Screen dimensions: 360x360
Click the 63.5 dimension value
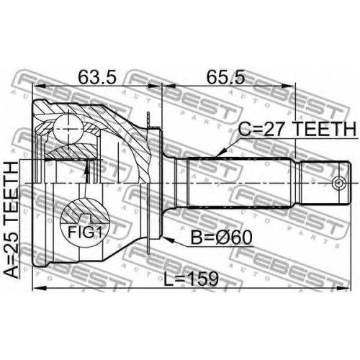tap(97, 78)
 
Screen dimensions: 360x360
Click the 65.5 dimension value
tap(225, 78)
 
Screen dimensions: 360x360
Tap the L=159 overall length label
tap(191, 279)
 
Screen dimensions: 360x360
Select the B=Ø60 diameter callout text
tap(221, 237)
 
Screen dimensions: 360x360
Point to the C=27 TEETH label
tap(297, 129)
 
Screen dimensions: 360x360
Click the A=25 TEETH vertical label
tap(12, 220)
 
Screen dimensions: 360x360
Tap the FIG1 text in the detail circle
tap(85, 232)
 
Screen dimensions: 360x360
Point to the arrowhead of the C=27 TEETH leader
tap(222, 153)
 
